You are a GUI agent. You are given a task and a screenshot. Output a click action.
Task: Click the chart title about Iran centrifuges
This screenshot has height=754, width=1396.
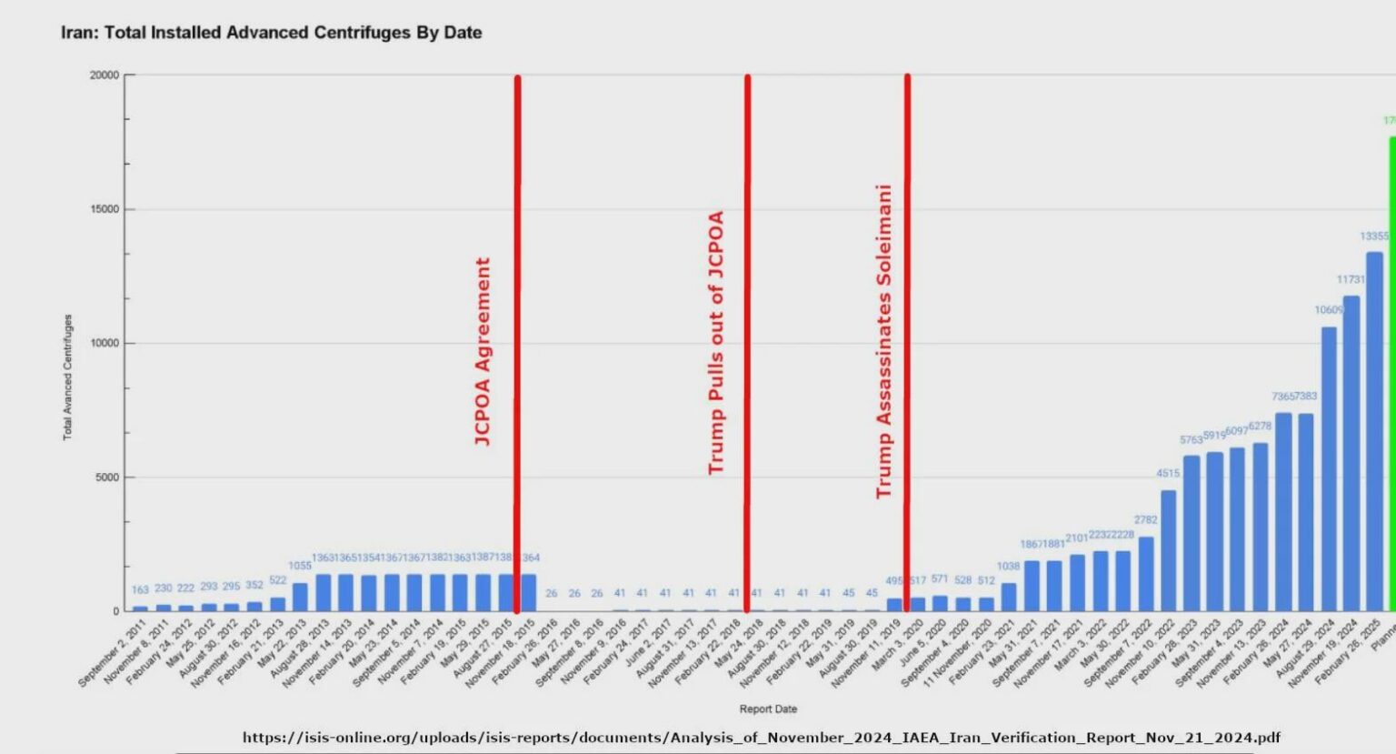point(271,33)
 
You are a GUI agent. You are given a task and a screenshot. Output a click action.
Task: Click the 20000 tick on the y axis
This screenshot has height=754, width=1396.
point(105,75)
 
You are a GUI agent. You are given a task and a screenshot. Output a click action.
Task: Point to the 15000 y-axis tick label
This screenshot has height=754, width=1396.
point(105,209)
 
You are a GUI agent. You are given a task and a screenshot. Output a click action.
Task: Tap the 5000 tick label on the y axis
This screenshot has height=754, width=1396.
point(107,478)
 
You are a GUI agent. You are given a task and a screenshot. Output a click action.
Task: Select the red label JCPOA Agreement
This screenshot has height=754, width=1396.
point(483,351)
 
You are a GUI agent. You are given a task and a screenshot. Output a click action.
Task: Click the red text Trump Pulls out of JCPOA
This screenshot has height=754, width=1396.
point(716,342)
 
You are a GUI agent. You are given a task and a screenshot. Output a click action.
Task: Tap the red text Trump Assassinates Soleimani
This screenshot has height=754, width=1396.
point(883,341)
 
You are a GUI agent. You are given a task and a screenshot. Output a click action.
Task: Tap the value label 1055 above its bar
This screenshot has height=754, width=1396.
point(300,566)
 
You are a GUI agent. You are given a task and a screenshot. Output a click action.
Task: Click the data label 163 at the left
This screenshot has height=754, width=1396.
point(140,590)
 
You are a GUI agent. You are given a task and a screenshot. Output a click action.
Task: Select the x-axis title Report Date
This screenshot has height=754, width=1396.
point(768,709)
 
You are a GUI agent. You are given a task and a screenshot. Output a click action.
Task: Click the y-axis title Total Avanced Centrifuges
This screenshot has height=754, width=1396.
point(67,377)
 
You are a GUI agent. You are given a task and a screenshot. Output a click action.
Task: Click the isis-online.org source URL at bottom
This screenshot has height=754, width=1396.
point(761,738)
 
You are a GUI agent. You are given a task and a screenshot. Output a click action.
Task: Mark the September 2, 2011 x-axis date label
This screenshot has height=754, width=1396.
point(112,654)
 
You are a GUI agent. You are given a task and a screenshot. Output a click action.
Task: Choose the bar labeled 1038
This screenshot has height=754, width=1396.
point(1008,597)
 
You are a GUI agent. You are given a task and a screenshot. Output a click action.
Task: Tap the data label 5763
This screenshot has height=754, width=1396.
point(1191,440)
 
